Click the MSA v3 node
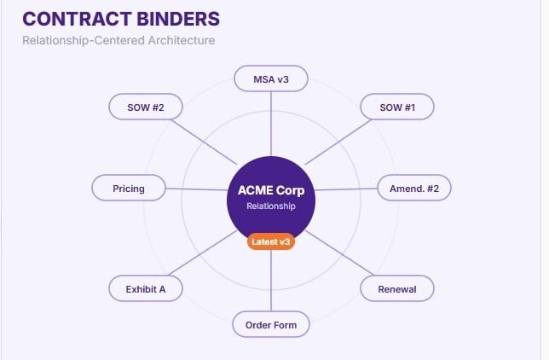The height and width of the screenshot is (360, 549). pos(271,78)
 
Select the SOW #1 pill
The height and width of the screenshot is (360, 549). pos(397,107)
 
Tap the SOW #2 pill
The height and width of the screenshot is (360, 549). pos(146,107)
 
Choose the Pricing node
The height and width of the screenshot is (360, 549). pos(129,189)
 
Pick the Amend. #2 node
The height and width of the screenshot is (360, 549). pos(414,189)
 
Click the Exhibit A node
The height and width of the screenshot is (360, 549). pos(146,289)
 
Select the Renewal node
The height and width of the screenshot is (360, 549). pos(397,289)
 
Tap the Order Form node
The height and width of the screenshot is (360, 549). pos(271,324)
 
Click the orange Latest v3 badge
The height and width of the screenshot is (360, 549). pos(271,242)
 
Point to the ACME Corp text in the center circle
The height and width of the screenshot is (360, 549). pos(271,190)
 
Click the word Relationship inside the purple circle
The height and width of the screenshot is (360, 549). pos(271,206)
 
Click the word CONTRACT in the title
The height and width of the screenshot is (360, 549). pos(77,19)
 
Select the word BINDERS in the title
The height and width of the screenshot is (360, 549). pos(178,19)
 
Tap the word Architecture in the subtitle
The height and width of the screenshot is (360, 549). pos(182,40)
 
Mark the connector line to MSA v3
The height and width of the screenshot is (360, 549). pos(271,124)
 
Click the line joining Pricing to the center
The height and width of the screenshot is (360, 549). pos(196,189)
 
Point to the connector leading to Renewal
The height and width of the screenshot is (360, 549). pos(339,253)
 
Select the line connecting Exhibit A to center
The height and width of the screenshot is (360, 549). pos(203,253)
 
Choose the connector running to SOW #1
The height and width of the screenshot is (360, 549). pos(338,142)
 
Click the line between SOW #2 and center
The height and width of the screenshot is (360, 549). pos(204,142)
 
